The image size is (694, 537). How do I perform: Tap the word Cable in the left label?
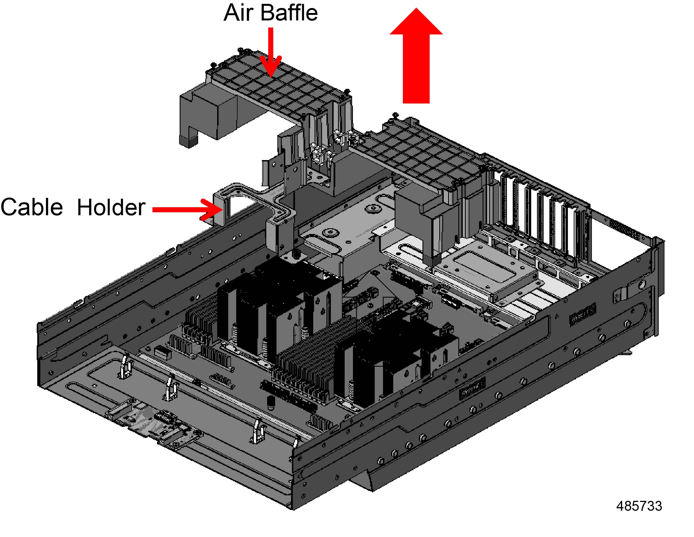32,207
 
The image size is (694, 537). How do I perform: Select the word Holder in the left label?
111,207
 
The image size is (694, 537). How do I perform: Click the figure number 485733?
639,506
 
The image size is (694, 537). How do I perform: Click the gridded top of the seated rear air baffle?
423,156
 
